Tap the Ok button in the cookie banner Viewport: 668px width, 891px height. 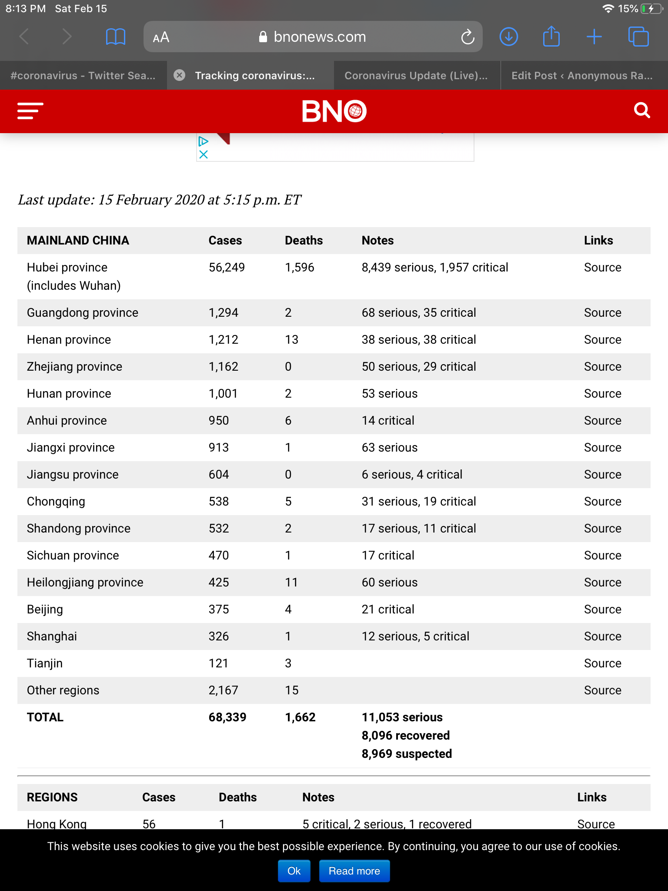[x=294, y=871]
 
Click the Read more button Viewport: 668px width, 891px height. [x=354, y=871]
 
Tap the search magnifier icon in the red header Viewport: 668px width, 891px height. [x=641, y=111]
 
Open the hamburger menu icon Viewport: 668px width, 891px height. [x=30, y=111]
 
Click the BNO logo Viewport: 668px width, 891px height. [x=334, y=111]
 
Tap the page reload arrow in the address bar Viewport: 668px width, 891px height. [x=468, y=37]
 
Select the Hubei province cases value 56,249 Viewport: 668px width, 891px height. [x=227, y=267]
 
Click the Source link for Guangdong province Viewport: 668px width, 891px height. [x=602, y=312]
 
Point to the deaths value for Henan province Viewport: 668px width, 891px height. [x=291, y=339]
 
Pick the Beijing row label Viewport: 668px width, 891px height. [x=45, y=609]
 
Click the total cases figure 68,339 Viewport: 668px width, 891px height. [x=227, y=717]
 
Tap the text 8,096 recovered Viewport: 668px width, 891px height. [x=405, y=735]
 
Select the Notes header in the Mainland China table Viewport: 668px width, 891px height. [x=377, y=240]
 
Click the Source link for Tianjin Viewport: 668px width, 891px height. [x=602, y=663]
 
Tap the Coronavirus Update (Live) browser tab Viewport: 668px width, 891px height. [x=416, y=76]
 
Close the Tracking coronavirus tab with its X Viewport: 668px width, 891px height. [x=179, y=75]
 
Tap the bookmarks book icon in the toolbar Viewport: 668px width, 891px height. [x=115, y=37]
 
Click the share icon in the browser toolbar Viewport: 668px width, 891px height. [x=551, y=37]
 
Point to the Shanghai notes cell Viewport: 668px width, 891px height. [x=415, y=636]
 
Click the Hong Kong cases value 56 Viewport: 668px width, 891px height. [x=149, y=824]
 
